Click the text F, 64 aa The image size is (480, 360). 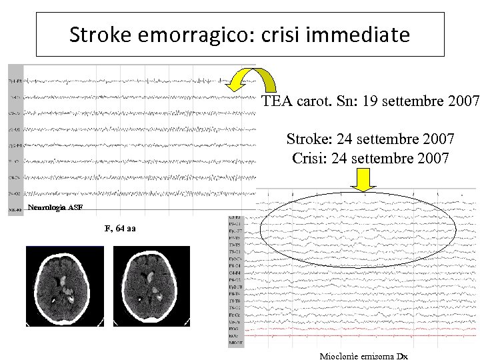click(x=120, y=229)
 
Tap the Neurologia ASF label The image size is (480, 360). click(x=56, y=207)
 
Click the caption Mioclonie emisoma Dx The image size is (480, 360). click(x=363, y=356)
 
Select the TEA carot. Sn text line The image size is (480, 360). click(x=370, y=102)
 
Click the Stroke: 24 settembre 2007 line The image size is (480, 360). click(x=371, y=139)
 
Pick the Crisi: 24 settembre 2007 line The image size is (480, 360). click(x=371, y=159)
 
